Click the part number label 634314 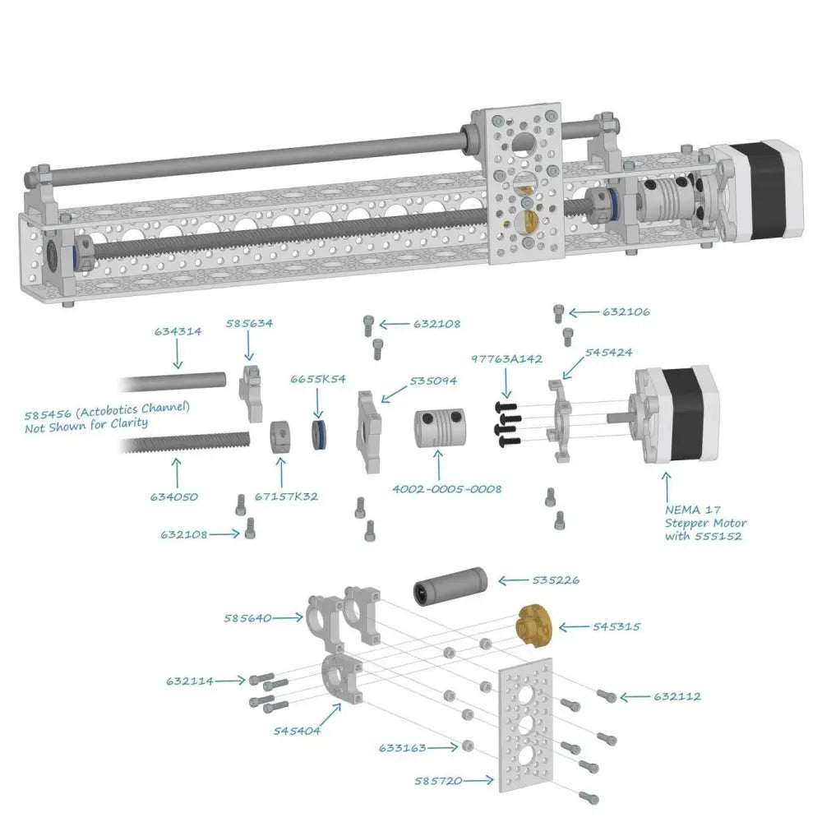click(x=178, y=331)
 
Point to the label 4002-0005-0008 click(x=446, y=489)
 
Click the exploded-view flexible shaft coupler click(x=439, y=428)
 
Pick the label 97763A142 click(x=506, y=359)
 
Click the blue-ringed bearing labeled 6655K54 click(x=318, y=435)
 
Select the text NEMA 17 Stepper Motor click(x=705, y=516)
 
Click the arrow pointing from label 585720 click(x=478, y=781)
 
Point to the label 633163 click(x=402, y=748)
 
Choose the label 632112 click(x=677, y=697)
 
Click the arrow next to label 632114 click(x=230, y=681)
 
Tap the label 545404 click(x=297, y=731)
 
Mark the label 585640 click(x=247, y=619)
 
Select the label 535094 click(x=433, y=381)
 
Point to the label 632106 click(x=626, y=312)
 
